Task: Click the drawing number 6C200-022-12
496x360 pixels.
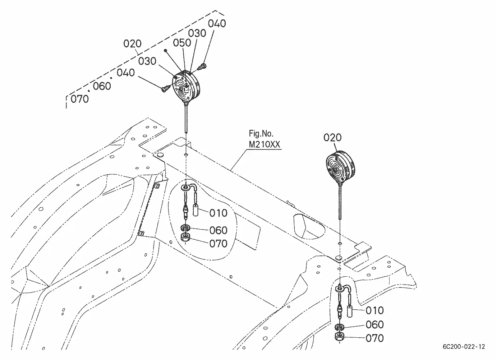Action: coord(464,346)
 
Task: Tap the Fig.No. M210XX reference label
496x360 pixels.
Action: coord(265,139)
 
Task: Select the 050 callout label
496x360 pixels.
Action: coord(182,43)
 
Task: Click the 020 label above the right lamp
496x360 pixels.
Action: coord(332,138)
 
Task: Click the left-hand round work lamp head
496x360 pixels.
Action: coord(185,87)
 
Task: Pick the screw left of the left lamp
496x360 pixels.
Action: coord(165,89)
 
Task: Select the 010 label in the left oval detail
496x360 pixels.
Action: coord(218,213)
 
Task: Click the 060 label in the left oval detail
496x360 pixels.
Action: coord(218,231)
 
